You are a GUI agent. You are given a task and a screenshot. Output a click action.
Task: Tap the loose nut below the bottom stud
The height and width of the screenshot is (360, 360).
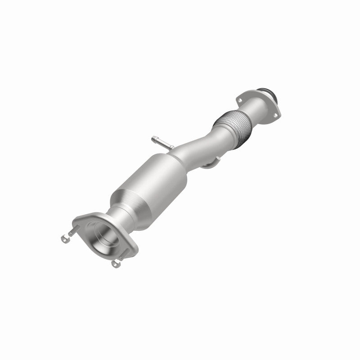coord(117,265)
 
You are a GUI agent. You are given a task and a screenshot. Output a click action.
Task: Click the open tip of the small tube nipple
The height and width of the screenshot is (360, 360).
coord(153,136)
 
